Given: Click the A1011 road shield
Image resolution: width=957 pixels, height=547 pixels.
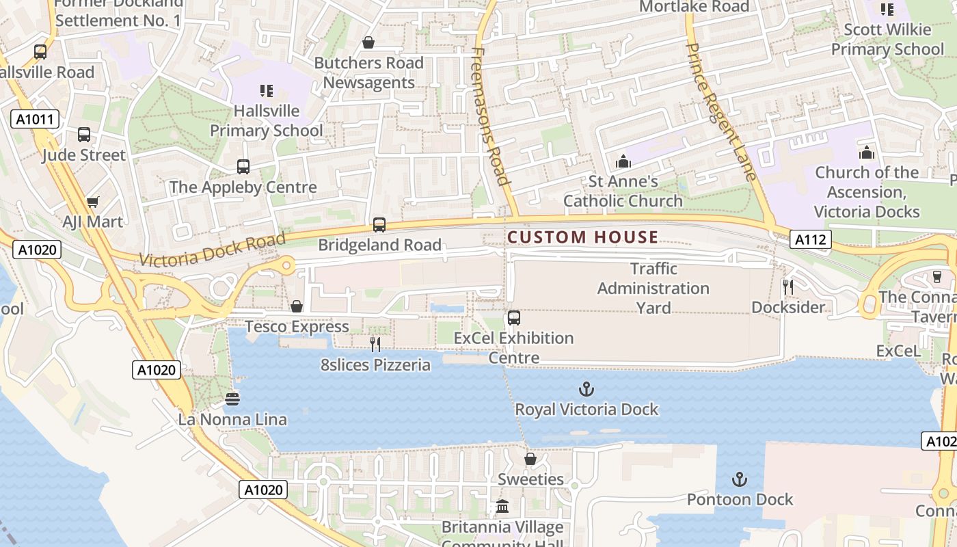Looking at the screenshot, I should [35, 120].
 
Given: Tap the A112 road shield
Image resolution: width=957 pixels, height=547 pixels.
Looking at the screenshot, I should [811, 239].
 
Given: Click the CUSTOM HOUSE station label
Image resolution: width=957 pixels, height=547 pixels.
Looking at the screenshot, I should [582, 237].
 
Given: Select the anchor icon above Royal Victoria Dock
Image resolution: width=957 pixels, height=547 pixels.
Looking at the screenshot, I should [586, 390].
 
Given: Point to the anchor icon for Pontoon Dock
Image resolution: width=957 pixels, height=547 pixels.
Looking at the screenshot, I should [740, 479].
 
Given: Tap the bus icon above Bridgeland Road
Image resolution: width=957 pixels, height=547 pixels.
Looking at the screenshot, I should [379, 225].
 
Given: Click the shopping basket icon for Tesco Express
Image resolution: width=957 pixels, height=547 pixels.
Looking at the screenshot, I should [297, 306].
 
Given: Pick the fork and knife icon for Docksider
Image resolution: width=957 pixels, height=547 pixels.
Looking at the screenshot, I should [788, 287].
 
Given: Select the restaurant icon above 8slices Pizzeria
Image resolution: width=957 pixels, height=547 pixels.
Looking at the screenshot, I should [375, 344].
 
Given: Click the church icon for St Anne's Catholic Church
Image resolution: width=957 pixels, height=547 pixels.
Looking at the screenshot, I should [623, 161].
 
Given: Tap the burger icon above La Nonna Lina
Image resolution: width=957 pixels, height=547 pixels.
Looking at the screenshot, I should [232, 399].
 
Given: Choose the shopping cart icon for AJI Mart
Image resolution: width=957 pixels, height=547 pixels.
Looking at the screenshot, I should [93, 202].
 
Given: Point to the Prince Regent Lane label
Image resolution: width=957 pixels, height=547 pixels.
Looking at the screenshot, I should [720, 112].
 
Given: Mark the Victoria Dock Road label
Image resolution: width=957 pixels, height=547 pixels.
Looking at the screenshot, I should [212, 250].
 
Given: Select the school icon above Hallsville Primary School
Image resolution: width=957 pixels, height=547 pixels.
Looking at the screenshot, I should [266, 90].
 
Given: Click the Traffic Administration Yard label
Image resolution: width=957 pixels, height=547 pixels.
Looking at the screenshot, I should [653, 288].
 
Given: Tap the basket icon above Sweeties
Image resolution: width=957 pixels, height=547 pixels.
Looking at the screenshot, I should [530, 459].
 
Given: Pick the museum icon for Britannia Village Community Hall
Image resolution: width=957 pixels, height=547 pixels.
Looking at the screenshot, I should [502, 507].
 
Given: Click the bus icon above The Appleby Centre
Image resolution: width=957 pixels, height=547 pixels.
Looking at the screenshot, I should [243, 166].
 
